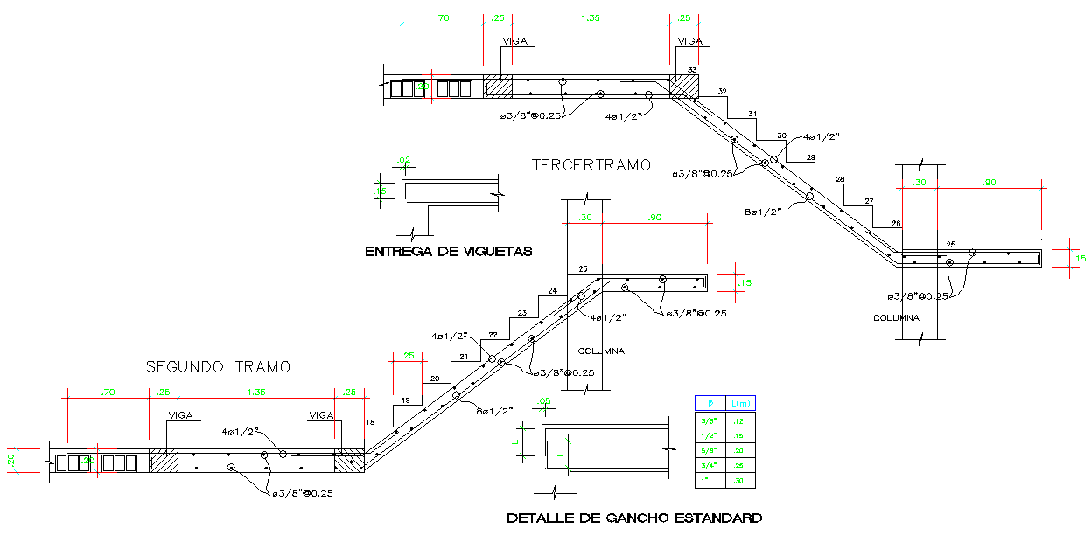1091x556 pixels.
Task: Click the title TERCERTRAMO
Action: point(591,164)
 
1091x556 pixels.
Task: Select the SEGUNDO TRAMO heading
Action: point(218,366)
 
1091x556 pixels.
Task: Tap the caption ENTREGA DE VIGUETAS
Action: point(448,252)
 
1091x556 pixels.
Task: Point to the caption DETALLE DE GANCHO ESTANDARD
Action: point(634,518)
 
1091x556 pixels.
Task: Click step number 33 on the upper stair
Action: point(692,70)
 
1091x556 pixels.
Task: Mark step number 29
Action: point(810,157)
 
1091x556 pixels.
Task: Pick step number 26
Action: point(896,224)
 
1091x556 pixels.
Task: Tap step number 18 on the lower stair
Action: point(370,423)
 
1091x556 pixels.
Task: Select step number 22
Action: point(493,335)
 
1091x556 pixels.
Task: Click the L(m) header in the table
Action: point(741,403)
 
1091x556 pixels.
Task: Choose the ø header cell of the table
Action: point(710,403)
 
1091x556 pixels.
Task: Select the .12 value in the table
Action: point(740,420)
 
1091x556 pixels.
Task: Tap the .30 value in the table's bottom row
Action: point(740,481)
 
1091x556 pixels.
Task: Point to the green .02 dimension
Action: point(403,160)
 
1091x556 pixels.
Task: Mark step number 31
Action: point(752,114)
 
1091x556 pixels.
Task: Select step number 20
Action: point(435,379)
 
